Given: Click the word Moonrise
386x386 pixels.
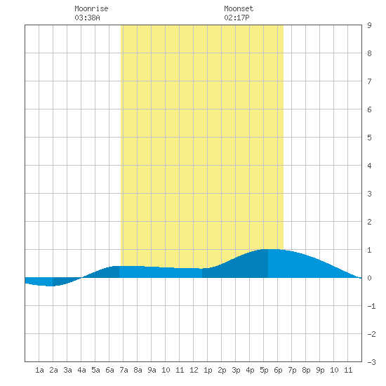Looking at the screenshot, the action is pyautogui.click(x=91, y=8).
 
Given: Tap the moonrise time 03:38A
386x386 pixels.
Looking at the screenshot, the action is pyautogui.click(x=88, y=18).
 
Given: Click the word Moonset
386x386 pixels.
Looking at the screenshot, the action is pyautogui.click(x=239, y=8).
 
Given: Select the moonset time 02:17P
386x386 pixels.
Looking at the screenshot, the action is pyautogui.click(x=237, y=18).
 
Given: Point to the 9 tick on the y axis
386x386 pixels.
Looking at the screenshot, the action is pyautogui.click(x=369, y=25).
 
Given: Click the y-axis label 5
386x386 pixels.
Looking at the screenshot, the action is pyautogui.click(x=369, y=138).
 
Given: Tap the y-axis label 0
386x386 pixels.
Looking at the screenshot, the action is pyautogui.click(x=369, y=278).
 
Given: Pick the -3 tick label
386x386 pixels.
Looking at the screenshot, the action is pyautogui.click(x=371, y=362).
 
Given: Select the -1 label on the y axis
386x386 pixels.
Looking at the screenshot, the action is pyautogui.click(x=371, y=306).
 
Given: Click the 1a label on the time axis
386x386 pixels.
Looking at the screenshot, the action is pyautogui.click(x=39, y=370).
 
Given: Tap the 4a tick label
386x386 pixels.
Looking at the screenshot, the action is pyautogui.click(x=81, y=370).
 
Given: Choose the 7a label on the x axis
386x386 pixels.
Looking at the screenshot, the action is pyautogui.click(x=124, y=370).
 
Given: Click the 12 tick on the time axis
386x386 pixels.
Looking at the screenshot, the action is pyautogui.click(x=194, y=370).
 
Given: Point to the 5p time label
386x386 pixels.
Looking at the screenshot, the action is pyautogui.click(x=264, y=370).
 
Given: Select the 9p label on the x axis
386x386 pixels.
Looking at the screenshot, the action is pyautogui.click(x=320, y=370).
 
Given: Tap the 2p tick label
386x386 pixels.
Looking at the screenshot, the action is pyautogui.click(x=222, y=370).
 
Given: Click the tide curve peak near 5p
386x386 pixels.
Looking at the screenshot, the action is pyautogui.click(x=269, y=249).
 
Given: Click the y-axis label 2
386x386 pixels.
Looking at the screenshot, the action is pyautogui.click(x=369, y=222).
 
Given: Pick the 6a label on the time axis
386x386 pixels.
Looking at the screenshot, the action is pyautogui.click(x=109, y=370).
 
